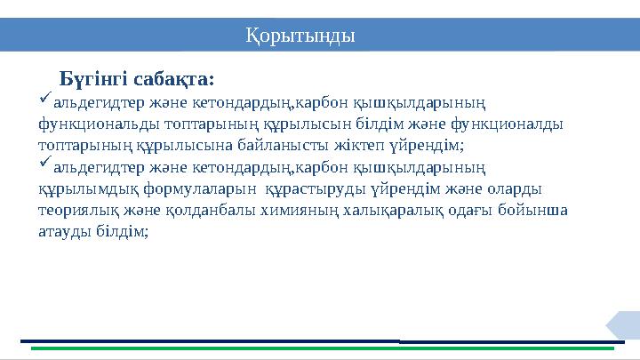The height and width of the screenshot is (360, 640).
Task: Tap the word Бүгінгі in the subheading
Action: click(92, 81)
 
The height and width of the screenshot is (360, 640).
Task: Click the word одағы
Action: click(473, 210)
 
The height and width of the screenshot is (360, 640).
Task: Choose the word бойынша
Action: click(537, 210)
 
